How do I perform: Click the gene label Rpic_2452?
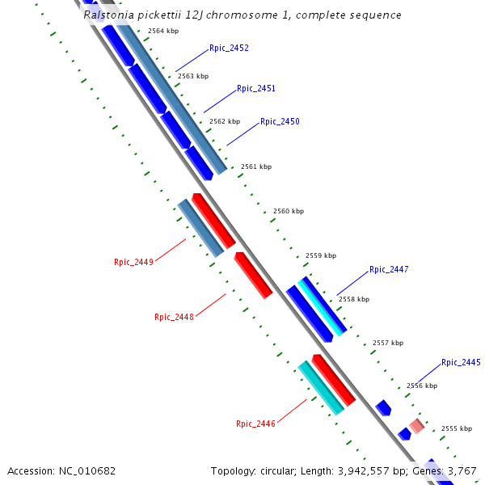pyautogui.click(x=229, y=48)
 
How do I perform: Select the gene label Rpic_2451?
pyautogui.click(x=256, y=89)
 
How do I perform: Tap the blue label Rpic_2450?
pyautogui.click(x=280, y=122)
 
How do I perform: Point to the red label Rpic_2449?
pyautogui.click(x=133, y=262)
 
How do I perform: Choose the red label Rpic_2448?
pyautogui.click(x=174, y=317)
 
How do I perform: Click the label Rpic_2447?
pyautogui.click(x=389, y=270)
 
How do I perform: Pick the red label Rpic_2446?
pyautogui.click(x=255, y=424)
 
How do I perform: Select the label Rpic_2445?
pyautogui.click(x=461, y=363)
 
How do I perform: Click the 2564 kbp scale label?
pyautogui.click(x=162, y=31)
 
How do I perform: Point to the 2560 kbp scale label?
pyautogui.click(x=289, y=211)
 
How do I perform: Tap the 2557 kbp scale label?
pyautogui.click(x=387, y=343)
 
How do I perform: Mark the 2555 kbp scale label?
pyautogui.click(x=456, y=428)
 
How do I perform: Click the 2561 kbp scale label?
pyautogui.click(x=256, y=167)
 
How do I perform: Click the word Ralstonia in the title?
pyautogui.click(x=109, y=15)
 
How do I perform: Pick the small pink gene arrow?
pyautogui.click(x=416, y=425)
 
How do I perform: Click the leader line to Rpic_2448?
pyautogui.click(x=211, y=306)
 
